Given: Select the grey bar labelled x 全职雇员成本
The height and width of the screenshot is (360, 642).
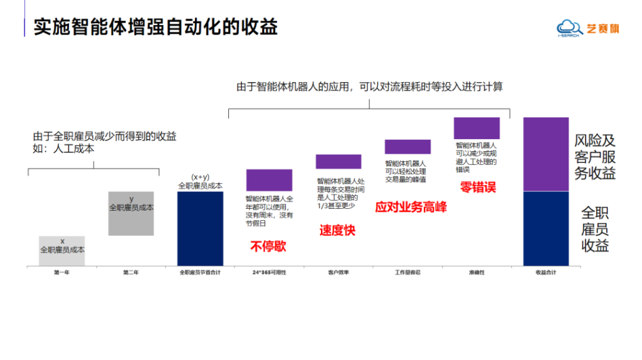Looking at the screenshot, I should [62, 251].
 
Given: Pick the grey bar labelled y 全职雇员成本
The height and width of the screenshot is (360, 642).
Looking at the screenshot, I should [131, 213].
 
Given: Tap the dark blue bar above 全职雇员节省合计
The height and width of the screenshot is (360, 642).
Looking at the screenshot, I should [200, 228].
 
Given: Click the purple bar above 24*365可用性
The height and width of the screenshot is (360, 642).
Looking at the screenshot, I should [269, 179].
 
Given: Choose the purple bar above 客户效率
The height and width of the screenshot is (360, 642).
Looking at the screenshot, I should [338, 161].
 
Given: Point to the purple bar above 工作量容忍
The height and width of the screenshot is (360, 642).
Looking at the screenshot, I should [408, 147].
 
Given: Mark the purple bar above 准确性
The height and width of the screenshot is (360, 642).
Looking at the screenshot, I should [476, 128].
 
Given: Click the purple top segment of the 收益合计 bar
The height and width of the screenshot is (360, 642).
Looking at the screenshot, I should [546, 154].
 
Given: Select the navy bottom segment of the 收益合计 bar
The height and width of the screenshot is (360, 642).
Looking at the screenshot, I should [546, 228].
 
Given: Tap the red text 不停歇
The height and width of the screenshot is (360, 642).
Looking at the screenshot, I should [268, 246].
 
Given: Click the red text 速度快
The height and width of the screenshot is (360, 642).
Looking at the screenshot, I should [337, 230].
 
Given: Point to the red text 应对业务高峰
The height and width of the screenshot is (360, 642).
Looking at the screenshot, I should [411, 207].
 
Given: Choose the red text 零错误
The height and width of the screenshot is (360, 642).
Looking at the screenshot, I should [478, 187].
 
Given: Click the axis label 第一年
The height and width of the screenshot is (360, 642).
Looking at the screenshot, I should [61, 273].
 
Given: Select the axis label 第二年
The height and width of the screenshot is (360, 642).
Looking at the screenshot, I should [130, 273].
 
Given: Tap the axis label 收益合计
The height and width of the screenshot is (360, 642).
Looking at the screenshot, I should [545, 273].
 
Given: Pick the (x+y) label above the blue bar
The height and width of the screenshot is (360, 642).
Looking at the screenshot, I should [200, 177].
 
